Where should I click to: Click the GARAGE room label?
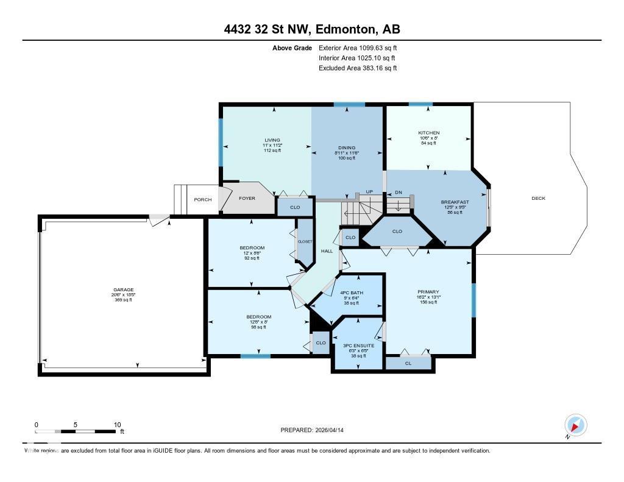(122, 290)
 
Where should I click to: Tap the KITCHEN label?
(428, 133)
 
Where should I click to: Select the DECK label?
(538, 198)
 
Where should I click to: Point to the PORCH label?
(202, 199)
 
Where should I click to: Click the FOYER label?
(247, 198)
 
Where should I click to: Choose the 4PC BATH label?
(346, 291)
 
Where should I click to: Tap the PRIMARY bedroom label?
(428, 292)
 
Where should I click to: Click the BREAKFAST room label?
(455, 202)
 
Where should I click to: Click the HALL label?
(327, 250)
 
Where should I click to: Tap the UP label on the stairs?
(369, 192)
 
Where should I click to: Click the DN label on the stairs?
(399, 192)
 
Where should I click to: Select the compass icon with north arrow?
(575, 425)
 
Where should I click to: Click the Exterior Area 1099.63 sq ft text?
(358, 48)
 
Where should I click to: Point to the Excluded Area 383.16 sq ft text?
(358, 68)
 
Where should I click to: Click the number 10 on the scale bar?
(118, 425)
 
